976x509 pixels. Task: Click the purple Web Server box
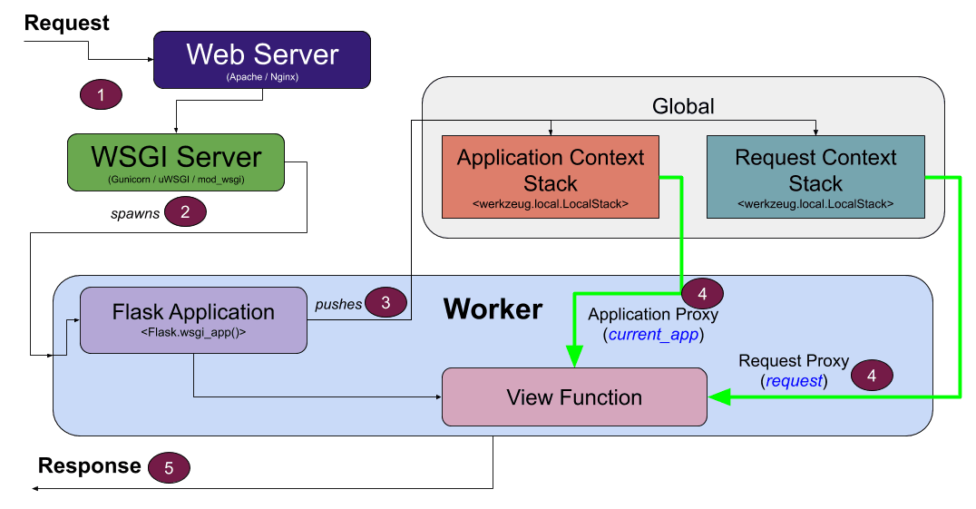coord(262,60)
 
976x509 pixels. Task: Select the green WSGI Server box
coord(175,164)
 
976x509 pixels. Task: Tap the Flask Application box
coord(193,319)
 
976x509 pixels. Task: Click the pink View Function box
coord(573,396)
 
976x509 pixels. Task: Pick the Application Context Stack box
coord(550,177)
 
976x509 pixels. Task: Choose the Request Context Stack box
coord(815,177)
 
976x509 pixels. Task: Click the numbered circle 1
coord(102,94)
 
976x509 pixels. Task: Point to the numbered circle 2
coord(185,212)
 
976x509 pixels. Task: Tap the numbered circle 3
coord(386,303)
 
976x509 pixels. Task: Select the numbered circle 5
coord(169,467)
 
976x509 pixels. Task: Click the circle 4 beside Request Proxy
coord(873,374)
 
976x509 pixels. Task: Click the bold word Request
coord(67,23)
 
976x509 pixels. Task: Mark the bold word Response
coord(89,466)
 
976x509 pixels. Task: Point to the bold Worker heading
coord(493,309)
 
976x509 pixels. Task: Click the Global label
coord(683,106)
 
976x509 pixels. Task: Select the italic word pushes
coord(338,304)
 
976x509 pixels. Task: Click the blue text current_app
coord(652,334)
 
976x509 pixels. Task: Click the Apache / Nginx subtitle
coord(262,78)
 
